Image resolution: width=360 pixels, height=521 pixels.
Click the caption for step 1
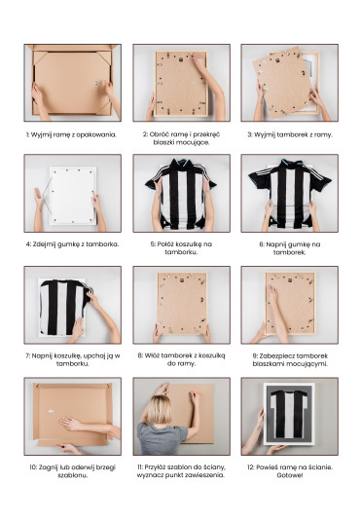pos(72,135)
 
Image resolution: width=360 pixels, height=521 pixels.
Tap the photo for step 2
pos(181,83)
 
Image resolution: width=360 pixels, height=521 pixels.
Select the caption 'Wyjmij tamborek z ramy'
pos(290,135)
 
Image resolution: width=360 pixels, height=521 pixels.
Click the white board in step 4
pos(73,196)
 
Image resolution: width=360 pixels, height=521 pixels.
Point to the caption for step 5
pos(181,248)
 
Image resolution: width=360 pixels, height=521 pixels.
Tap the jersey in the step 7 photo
pos(65,307)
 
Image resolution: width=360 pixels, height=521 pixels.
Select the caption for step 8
pos(181,359)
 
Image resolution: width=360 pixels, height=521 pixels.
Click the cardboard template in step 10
pos(73,414)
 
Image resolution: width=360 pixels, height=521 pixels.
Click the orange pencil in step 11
pos(196,393)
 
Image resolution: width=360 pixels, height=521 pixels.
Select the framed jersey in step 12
pos(289,414)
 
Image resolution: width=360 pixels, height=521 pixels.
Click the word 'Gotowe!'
pos(290,475)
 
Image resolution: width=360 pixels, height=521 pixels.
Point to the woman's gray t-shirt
pos(162,438)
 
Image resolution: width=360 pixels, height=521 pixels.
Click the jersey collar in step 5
pos(181,164)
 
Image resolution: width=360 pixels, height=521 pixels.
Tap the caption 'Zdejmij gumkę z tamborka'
pos(72,244)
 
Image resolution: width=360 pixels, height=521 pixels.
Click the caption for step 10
pos(72,471)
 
